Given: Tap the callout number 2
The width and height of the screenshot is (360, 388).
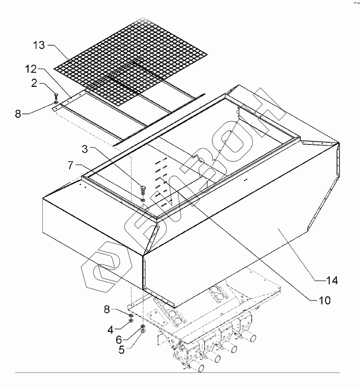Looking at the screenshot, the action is click(33, 84).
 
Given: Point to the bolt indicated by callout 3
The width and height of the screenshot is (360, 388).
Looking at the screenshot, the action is click(143, 189).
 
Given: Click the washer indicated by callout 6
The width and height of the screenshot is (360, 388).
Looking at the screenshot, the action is click(143, 326).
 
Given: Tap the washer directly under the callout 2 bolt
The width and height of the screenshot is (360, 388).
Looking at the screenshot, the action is click(56, 102).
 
